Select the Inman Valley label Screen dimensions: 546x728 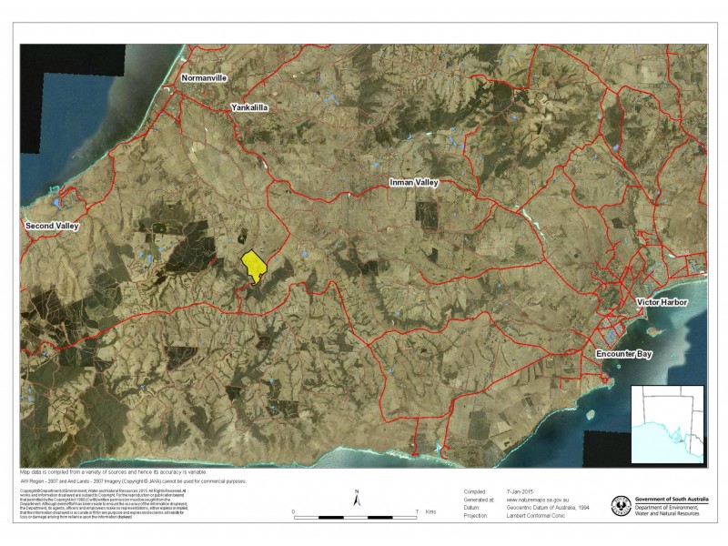414,183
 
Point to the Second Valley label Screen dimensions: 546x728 52,225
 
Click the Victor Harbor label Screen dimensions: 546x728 662,301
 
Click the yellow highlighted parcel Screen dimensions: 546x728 253,267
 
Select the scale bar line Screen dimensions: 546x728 355,516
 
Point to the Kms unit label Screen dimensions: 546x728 430,512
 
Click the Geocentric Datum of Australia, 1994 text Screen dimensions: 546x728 550,508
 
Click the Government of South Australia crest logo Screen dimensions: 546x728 622,505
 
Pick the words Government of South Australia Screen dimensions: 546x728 672,500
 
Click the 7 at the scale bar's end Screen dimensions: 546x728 416,512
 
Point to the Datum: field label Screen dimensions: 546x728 471,508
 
